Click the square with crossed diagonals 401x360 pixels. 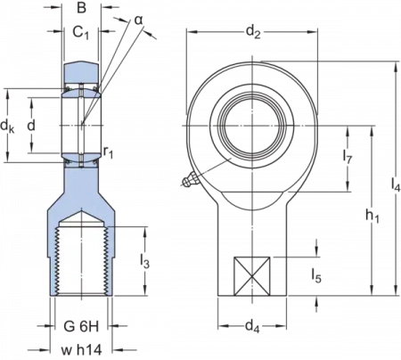(x=249, y=276)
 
